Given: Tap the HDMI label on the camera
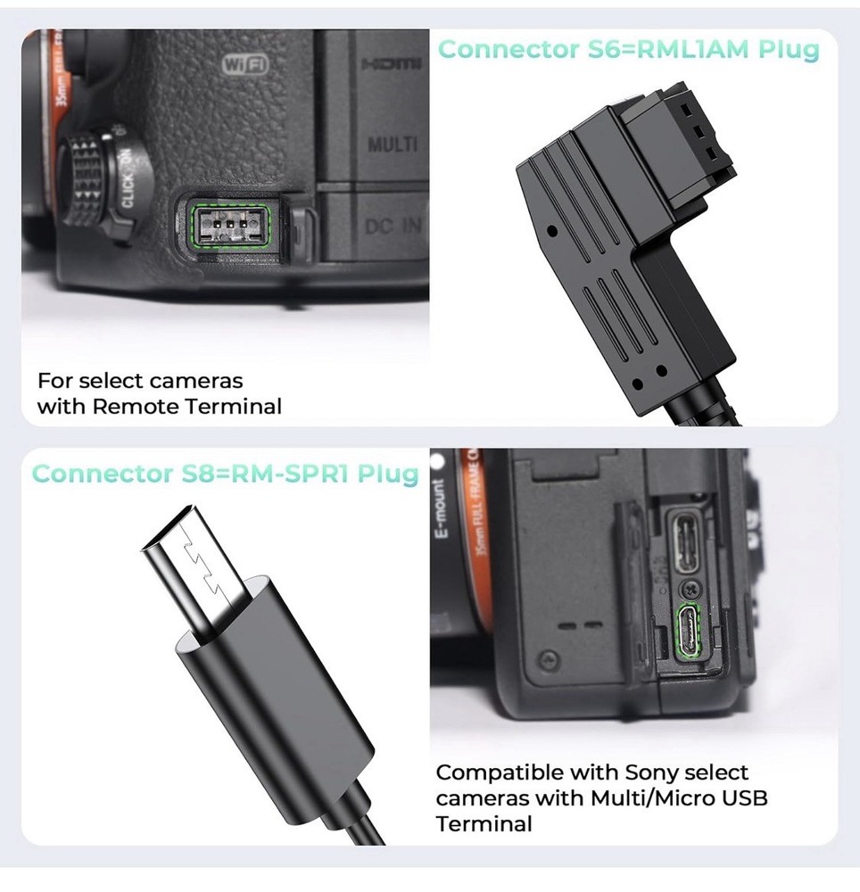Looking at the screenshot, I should [390, 65].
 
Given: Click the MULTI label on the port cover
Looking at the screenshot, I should [393, 145].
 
